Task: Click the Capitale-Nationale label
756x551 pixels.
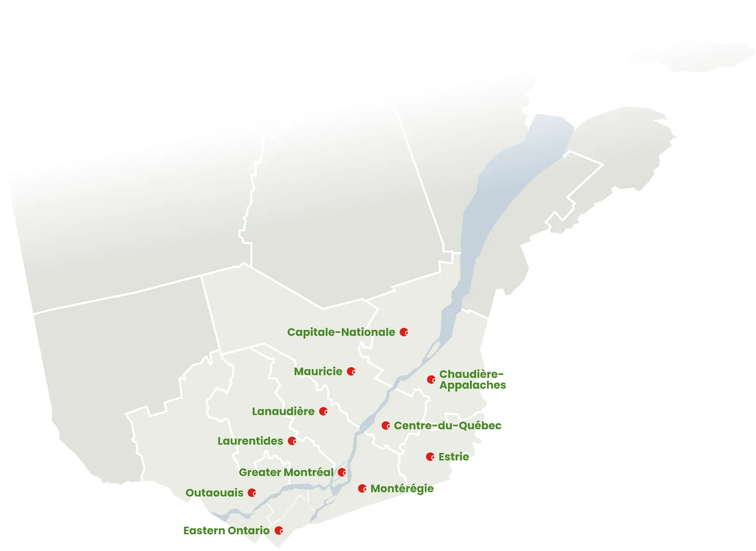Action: tap(341, 332)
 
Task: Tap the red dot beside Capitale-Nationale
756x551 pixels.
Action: tap(404, 332)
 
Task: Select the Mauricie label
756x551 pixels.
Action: tap(318, 371)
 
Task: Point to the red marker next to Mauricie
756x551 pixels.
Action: tap(351, 371)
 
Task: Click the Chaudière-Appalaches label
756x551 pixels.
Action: tap(472, 380)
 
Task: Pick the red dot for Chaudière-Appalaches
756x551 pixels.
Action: tap(431, 380)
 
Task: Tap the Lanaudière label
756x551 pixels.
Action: tap(283, 411)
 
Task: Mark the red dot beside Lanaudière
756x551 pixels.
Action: tap(324, 411)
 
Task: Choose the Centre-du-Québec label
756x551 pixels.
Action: tap(448, 425)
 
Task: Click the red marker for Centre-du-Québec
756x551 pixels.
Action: tap(386, 425)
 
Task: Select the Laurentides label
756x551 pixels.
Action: tap(250, 441)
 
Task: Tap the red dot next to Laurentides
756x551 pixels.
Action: tap(292, 441)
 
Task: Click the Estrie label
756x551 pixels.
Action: tap(453, 457)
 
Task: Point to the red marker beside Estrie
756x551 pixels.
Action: tap(430, 457)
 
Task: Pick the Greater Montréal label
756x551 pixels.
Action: tap(286, 472)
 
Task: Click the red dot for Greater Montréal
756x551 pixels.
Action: tap(342, 472)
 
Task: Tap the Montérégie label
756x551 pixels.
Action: tap(402, 488)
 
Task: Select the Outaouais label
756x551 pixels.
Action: tap(214, 493)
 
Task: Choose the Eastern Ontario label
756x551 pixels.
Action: tap(226, 531)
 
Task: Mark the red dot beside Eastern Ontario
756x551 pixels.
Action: tap(279, 531)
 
